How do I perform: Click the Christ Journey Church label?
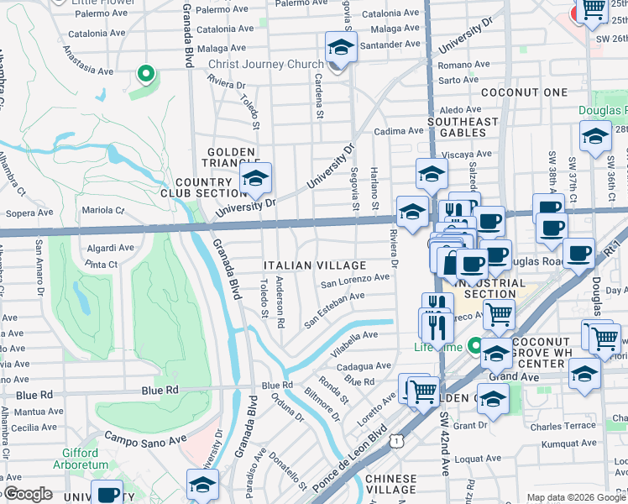[x=265, y=65]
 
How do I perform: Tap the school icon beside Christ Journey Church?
[x=341, y=47]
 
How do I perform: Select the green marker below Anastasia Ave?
[x=146, y=76]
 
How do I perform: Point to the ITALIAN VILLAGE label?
[x=315, y=265]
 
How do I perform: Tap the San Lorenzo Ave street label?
[x=354, y=278]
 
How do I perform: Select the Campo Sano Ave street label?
[x=144, y=438]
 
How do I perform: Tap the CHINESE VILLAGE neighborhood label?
[x=391, y=484]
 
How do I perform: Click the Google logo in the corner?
[x=27, y=494]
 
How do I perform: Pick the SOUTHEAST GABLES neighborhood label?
[x=463, y=128]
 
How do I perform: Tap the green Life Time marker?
[x=476, y=344]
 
